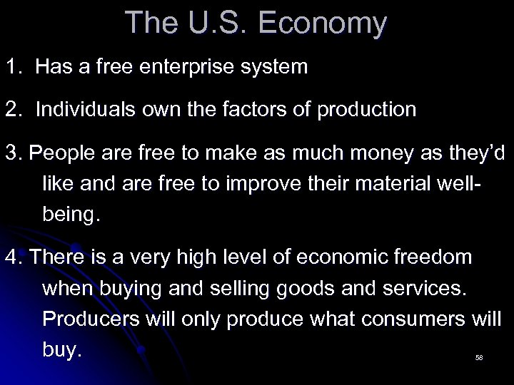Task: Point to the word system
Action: pyautogui.click(x=276, y=68)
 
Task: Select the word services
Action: pyautogui.click(x=428, y=288)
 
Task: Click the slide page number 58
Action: pyautogui.click(x=479, y=357)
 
